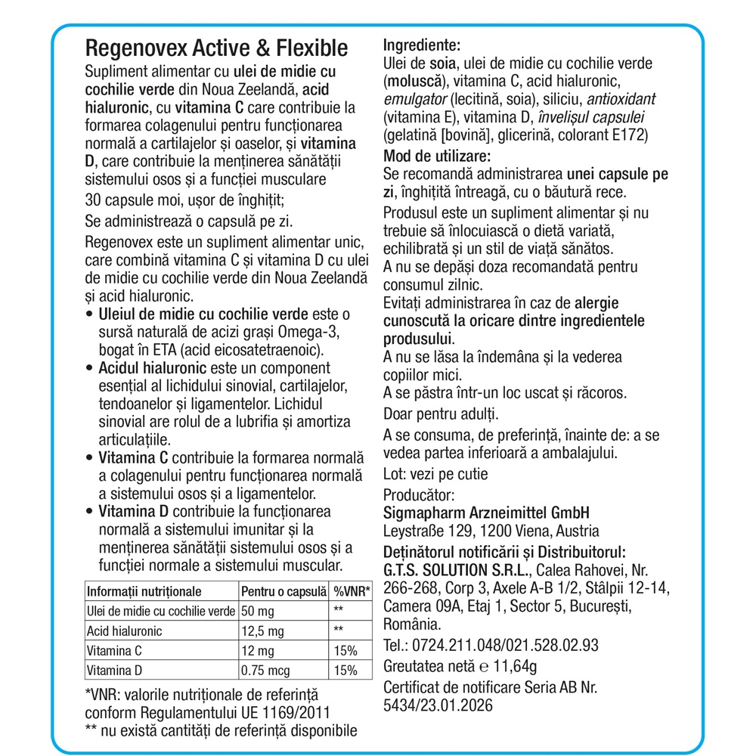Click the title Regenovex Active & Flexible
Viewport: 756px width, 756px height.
[218, 48]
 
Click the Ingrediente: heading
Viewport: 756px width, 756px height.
[422, 45]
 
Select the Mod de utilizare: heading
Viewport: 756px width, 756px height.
[438, 156]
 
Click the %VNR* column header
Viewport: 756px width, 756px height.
[352, 591]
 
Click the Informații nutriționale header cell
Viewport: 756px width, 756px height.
[144, 591]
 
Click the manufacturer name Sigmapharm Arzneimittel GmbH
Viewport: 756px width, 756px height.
[486, 513]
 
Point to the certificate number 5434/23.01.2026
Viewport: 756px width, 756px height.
[438, 706]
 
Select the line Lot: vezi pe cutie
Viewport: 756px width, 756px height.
[435, 475]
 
